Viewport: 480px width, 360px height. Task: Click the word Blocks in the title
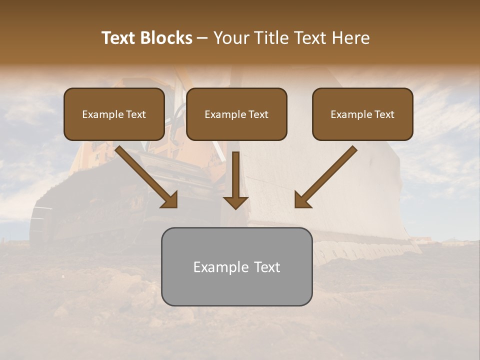(x=166, y=38)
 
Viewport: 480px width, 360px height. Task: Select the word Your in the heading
(x=230, y=38)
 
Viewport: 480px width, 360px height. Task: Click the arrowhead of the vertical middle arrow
(x=235, y=202)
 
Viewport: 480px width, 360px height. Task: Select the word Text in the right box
(x=384, y=114)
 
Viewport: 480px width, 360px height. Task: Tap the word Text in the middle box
(x=258, y=114)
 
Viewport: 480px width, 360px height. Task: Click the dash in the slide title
(x=202, y=38)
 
